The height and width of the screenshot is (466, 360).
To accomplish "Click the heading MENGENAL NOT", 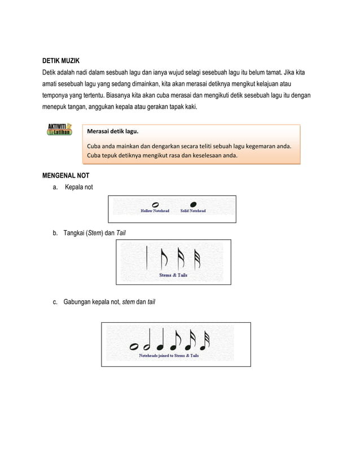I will [67, 175].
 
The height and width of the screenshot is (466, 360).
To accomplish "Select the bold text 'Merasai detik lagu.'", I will [112, 132].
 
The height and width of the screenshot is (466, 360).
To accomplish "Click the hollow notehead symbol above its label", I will [155, 204].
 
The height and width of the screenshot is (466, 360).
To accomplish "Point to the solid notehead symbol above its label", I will [193, 204].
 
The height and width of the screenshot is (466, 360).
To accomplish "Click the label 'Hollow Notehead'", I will [155, 211].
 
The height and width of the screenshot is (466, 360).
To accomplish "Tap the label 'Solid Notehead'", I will [193, 211].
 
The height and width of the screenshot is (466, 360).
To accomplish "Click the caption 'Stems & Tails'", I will [173, 275].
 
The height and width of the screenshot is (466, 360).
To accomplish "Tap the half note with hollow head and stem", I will [147, 342].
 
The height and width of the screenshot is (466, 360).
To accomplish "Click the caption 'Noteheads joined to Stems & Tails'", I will [169, 356].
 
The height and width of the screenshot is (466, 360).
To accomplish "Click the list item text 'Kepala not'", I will [79, 187].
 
